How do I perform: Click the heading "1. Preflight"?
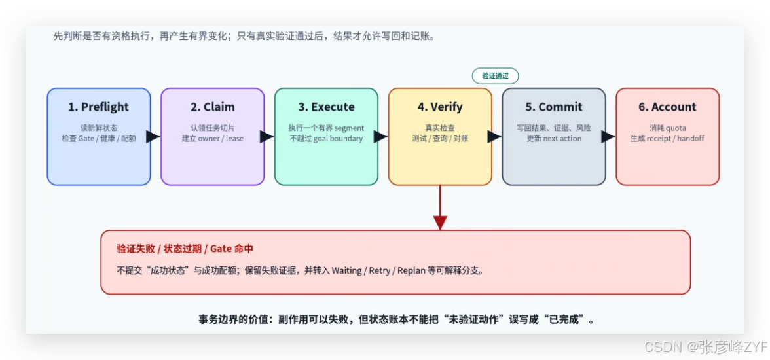[x=98, y=107]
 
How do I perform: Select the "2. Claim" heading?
[x=212, y=107]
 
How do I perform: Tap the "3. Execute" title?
[x=326, y=107]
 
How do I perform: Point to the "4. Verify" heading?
[x=440, y=107]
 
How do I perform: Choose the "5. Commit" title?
[x=553, y=107]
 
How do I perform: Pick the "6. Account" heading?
[x=667, y=107]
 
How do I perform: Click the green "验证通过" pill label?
[x=495, y=76]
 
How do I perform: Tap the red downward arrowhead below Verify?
[x=440, y=223]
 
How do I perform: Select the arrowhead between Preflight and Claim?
[x=153, y=137]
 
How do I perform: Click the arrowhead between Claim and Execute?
[x=267, y=137]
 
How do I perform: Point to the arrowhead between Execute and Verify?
[x=380, y=137]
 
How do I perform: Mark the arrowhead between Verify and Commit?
[x=494, y=137]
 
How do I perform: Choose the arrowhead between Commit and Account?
[x=608, y=137]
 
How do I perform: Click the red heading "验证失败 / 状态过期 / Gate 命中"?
[x=185, y=249]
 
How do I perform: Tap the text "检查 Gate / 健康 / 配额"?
[x=98, y=139]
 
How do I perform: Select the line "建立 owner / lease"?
[x=212, y=139]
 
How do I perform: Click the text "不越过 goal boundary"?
[x=326, y=139]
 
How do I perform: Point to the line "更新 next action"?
[x=553, y=139]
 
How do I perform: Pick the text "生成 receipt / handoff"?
[x=667, y=139]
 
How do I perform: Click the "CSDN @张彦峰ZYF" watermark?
[x=706, y=348]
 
